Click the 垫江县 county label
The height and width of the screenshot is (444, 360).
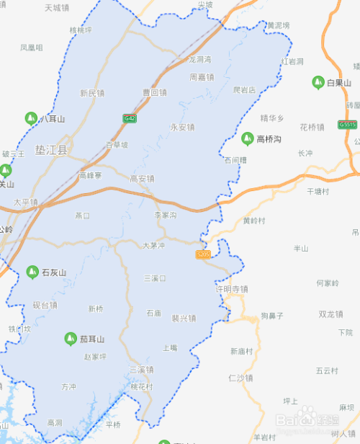pos(51,150)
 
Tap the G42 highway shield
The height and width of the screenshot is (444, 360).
pos(130,118)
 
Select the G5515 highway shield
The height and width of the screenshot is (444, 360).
pos(348,125)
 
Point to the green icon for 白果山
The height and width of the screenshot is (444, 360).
pos(318,83)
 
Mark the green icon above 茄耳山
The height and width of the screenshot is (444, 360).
pos(70,338)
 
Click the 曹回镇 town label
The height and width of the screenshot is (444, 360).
pos(154,92)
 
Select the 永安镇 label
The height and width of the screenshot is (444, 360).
pos(182,127)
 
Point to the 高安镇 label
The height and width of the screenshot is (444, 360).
pos(142,178)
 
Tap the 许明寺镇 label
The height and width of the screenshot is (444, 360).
pos(232,288)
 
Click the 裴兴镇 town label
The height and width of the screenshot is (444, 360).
pos(184,318)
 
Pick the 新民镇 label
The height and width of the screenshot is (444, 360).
pos(92,93)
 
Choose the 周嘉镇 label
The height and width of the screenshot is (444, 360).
pos(202,76)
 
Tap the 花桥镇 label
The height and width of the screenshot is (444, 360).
pos(312,128)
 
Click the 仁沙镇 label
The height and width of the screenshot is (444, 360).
pos(240,378)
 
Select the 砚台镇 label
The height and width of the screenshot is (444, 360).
pos(45,305)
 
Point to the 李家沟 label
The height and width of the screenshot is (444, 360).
pos(165,215)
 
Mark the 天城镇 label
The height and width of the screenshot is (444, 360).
pos(57,9)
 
